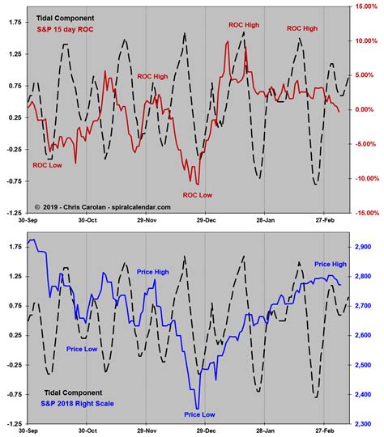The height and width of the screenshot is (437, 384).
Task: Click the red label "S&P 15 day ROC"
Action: pos(62,31)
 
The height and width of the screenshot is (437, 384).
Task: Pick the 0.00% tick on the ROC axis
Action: pos(365,109)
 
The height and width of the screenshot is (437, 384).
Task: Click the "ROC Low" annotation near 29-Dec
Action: pos(198,195)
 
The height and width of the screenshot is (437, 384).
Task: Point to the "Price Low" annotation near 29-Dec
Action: pos(199,414)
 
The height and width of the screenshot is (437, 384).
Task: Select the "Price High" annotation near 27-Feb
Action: pos(330,264)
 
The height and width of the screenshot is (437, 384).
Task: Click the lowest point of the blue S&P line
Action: pos(197,408)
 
